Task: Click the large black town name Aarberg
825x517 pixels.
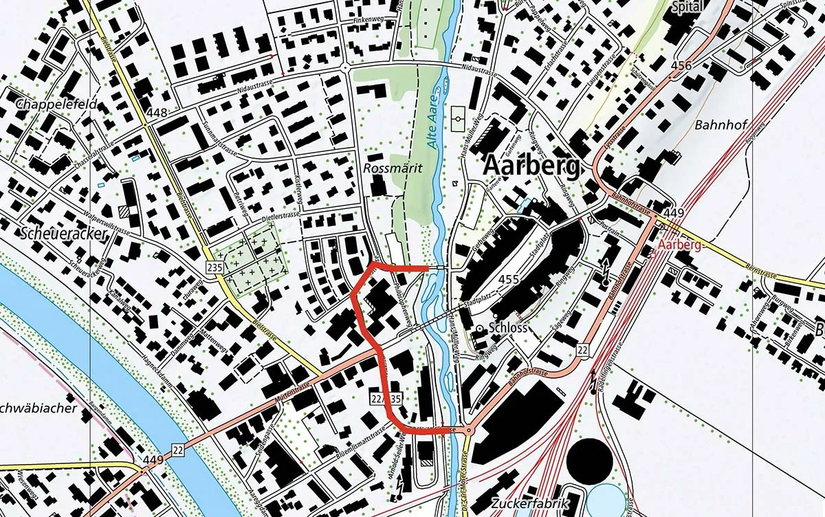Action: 532,166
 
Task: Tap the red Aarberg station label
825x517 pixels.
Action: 680,245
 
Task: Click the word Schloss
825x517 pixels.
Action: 508,328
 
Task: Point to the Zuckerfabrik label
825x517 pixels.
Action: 531,504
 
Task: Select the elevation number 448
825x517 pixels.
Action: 157,113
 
